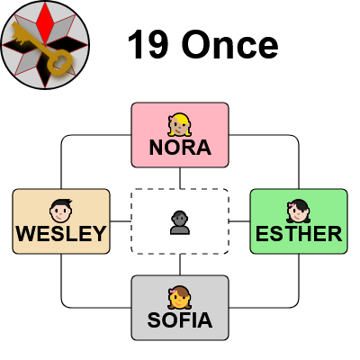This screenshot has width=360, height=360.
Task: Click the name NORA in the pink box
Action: [x=180, y=148]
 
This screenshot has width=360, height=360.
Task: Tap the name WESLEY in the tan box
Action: [x=61, y=234]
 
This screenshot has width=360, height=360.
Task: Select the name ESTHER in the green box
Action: [x=299, y=234]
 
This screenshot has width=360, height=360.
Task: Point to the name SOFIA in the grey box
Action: [x=180, y=320]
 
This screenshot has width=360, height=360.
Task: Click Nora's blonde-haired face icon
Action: [x=180, y=124]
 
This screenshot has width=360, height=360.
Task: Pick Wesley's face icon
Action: [x=61, y=211]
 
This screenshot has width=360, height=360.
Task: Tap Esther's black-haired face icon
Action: [x=299, y=211]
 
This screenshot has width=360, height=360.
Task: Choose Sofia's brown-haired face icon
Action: [x=180, y=297]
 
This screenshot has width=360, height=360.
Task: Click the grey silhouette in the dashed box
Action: [x=180, y=222]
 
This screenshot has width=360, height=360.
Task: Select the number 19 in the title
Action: [x=148, y=45]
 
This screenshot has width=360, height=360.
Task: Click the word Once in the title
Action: [x=229, y=45]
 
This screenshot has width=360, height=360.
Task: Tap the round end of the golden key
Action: [x=60, y=62]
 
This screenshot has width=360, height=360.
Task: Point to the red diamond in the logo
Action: [x=45, y=23]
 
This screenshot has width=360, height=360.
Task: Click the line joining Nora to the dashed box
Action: [x=180, y=178]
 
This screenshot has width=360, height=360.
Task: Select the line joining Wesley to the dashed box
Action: [x=121, y=221]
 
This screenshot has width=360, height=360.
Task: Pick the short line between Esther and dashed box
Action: [x=239, y=221]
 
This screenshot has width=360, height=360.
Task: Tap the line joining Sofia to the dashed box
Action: [x=180, y=265]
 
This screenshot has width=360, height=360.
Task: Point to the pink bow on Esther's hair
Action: [x=292, y=205]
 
